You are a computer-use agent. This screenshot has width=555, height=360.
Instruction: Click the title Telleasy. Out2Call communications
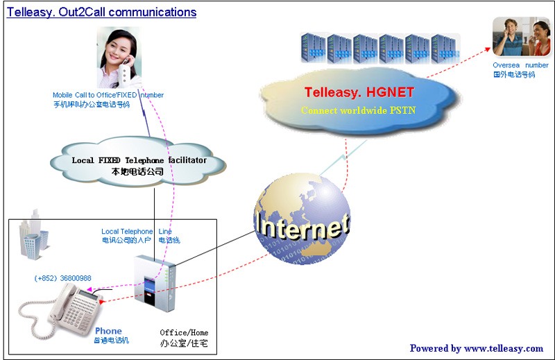click(x=101, y=12)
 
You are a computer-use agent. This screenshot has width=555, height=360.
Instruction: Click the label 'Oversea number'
click(x=520, y=65)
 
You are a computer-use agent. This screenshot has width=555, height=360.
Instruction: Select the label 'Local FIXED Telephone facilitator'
click(x=139, y=160)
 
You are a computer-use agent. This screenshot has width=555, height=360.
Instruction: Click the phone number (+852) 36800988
click(x=62, y=278)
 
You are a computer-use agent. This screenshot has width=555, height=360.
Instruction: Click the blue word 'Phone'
click(x=108, y=331)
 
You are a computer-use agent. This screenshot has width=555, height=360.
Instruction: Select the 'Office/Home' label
click(x=184, y=332)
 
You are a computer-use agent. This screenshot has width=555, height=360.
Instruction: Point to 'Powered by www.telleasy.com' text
click(x=476, y=348)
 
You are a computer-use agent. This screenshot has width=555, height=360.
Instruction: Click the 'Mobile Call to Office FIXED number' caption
click(x=108, y=95)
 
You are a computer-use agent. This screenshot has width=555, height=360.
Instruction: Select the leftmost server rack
click(x=312, y=49)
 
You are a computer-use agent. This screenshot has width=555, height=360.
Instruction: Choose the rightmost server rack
click(x=445, y=49)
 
